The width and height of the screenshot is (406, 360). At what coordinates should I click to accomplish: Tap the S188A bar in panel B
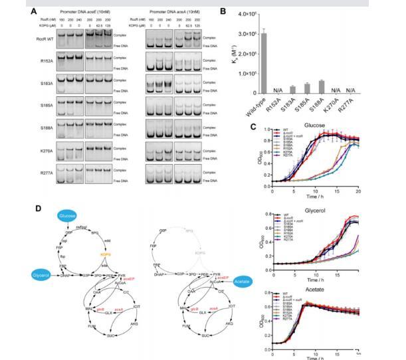pos(340,87)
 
